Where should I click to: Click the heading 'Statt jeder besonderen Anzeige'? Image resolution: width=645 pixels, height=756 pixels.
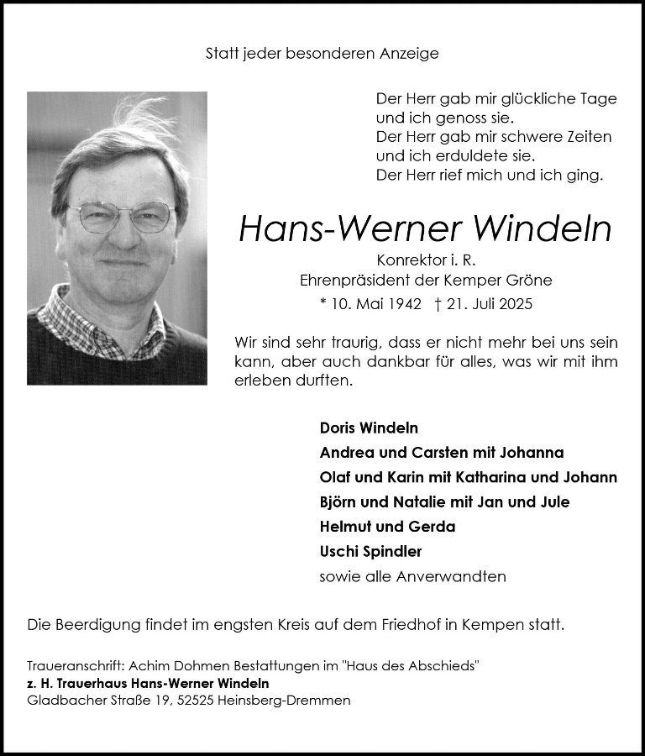[x=322, y=54]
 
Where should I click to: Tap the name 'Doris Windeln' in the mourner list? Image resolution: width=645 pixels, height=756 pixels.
[x=369, y=428]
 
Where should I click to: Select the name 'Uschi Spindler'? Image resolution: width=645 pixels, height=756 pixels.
[x=370, y=552]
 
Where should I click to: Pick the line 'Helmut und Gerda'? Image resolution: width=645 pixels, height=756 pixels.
[x=387, y=527]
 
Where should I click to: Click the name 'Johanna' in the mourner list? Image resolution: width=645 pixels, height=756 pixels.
[x=532, y=452]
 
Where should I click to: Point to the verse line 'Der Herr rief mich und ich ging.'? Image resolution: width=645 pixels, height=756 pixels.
[x=490, y=176]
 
